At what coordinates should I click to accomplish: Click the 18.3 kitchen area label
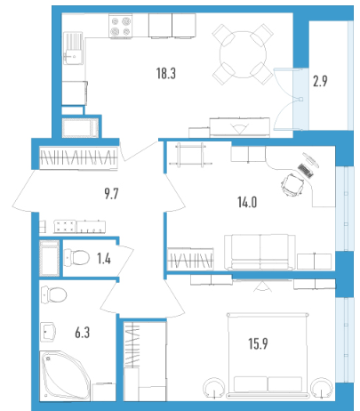[x=166, y=73]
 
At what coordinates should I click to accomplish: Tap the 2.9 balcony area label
[x=320, y=81]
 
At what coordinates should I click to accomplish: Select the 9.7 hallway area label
[x=111, y=194]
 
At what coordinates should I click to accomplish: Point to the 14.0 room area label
[x=247, y=202]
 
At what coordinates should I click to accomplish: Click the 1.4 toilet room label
[x=104, y=259]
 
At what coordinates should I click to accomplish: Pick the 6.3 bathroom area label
[x=82, y=333]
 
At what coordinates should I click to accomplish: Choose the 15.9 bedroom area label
[x=258, y=343]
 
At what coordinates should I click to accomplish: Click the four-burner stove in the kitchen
[x=120, y=26]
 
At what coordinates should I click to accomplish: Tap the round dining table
[x=243, y=54]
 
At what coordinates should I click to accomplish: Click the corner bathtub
[x=65, y=375]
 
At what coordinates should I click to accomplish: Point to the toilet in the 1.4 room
[x=76, y=257]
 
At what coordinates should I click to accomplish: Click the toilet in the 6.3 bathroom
[x=53, y=294]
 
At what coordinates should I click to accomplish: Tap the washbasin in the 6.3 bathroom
[x=48, y=332]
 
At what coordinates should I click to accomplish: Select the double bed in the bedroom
[x=268, y=355]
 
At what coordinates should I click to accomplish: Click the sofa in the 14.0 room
[x=260, y=252]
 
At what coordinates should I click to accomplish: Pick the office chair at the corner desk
[x=292, y=184]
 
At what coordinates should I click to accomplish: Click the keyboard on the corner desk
[x=305, y=171]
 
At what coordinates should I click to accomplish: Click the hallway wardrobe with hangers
[x=78, y=157]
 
